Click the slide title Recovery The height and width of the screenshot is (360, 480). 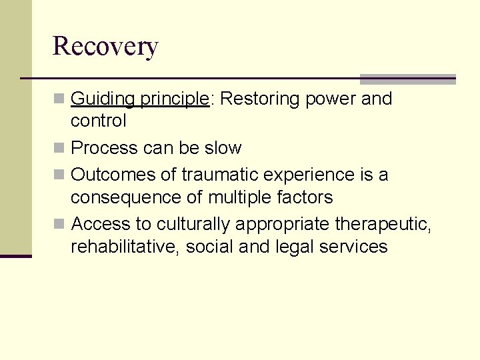105,47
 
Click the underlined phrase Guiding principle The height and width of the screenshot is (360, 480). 139,99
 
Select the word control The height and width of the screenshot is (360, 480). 98,121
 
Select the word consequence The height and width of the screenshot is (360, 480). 137,197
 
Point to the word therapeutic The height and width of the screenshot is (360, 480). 383,224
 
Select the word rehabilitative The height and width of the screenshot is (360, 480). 125,247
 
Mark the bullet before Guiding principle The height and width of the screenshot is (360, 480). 60,99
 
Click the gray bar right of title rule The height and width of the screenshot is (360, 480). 407,79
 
